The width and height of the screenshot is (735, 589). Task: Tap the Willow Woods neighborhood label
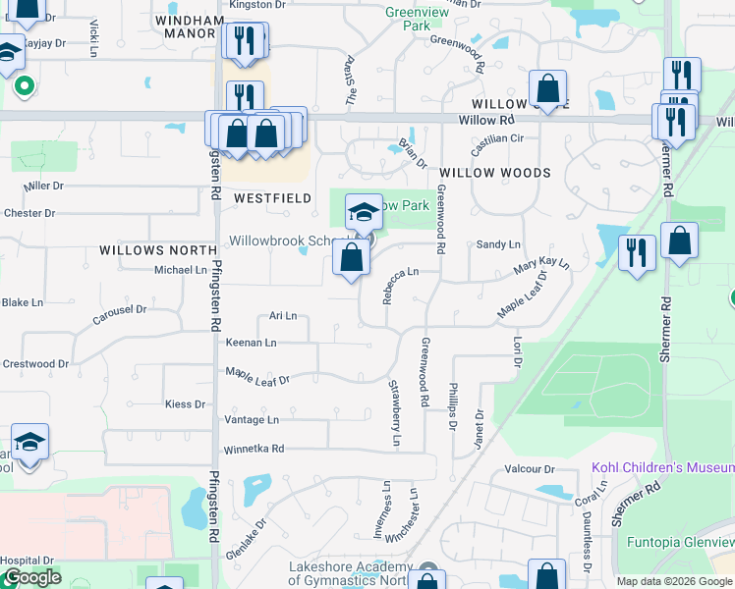pyautogui.click(x=495, y=173)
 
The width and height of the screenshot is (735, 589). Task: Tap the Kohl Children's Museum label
pyautogui.click(x=662, y=467)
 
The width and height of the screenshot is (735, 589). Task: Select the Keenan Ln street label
pyautogui.click(x=252, y=343)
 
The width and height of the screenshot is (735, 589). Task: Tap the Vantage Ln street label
pyautogui.click(x=252, y=419)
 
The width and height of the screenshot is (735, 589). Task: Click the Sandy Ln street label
pyautogui.click(x=497, y=244)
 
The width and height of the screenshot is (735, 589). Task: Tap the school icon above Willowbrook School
pyautogui.click(x=364, y=212)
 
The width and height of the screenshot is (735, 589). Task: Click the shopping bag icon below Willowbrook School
pyautogui.click(x=351, y=259)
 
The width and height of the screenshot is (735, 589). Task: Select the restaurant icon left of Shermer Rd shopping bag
pyautogui.click(x=637, y=253)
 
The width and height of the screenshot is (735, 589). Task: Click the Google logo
pyautogui.click(x=31, y=577)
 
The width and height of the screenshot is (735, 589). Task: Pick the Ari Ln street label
pyautogui.click(x=283, y=316)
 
